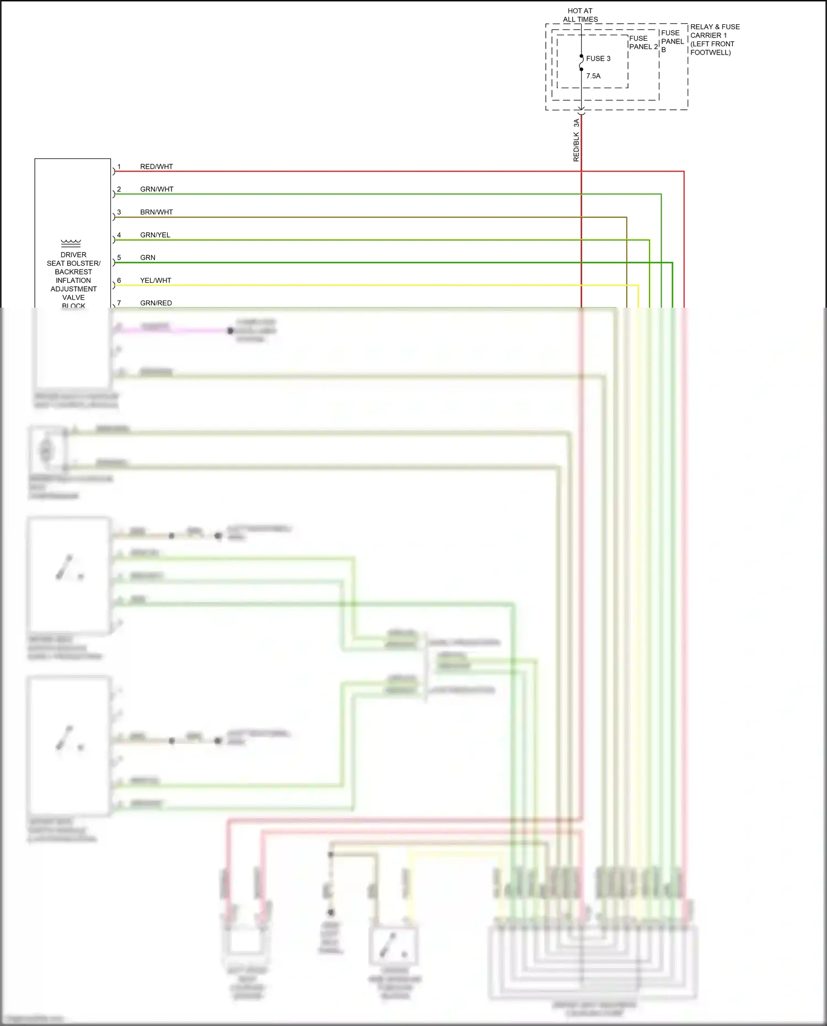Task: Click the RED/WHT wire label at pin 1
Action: click(x=156, y=166)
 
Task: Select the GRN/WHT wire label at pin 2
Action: click(x=157, y=189)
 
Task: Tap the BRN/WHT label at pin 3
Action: click(x=156, y=212)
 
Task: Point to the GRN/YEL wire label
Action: click(x=155, y=235)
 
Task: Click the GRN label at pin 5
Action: click(x=148, y=257)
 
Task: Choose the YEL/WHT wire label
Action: click(x=155, y=281)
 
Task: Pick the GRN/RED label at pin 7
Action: click(x=156, y=303)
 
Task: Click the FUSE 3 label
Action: click(x=598, y=58)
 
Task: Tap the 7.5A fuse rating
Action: click(x=593, y=76)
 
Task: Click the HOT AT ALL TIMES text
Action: click(x=580, y=15)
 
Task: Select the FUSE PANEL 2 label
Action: click(x=643, y=42)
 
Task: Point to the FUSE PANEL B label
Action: click(x=672, y=41)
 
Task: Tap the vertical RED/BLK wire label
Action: click(x=576, y=147)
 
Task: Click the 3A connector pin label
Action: click(x=576, y=123)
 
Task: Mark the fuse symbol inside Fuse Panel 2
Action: click(x=581, y=63)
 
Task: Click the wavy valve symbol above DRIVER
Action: click(x=71, y=242)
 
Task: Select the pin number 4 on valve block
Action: click(x=119, y=235)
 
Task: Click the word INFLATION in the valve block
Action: click(x=73, y=281)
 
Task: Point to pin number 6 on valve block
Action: click(x=119, y=281)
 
